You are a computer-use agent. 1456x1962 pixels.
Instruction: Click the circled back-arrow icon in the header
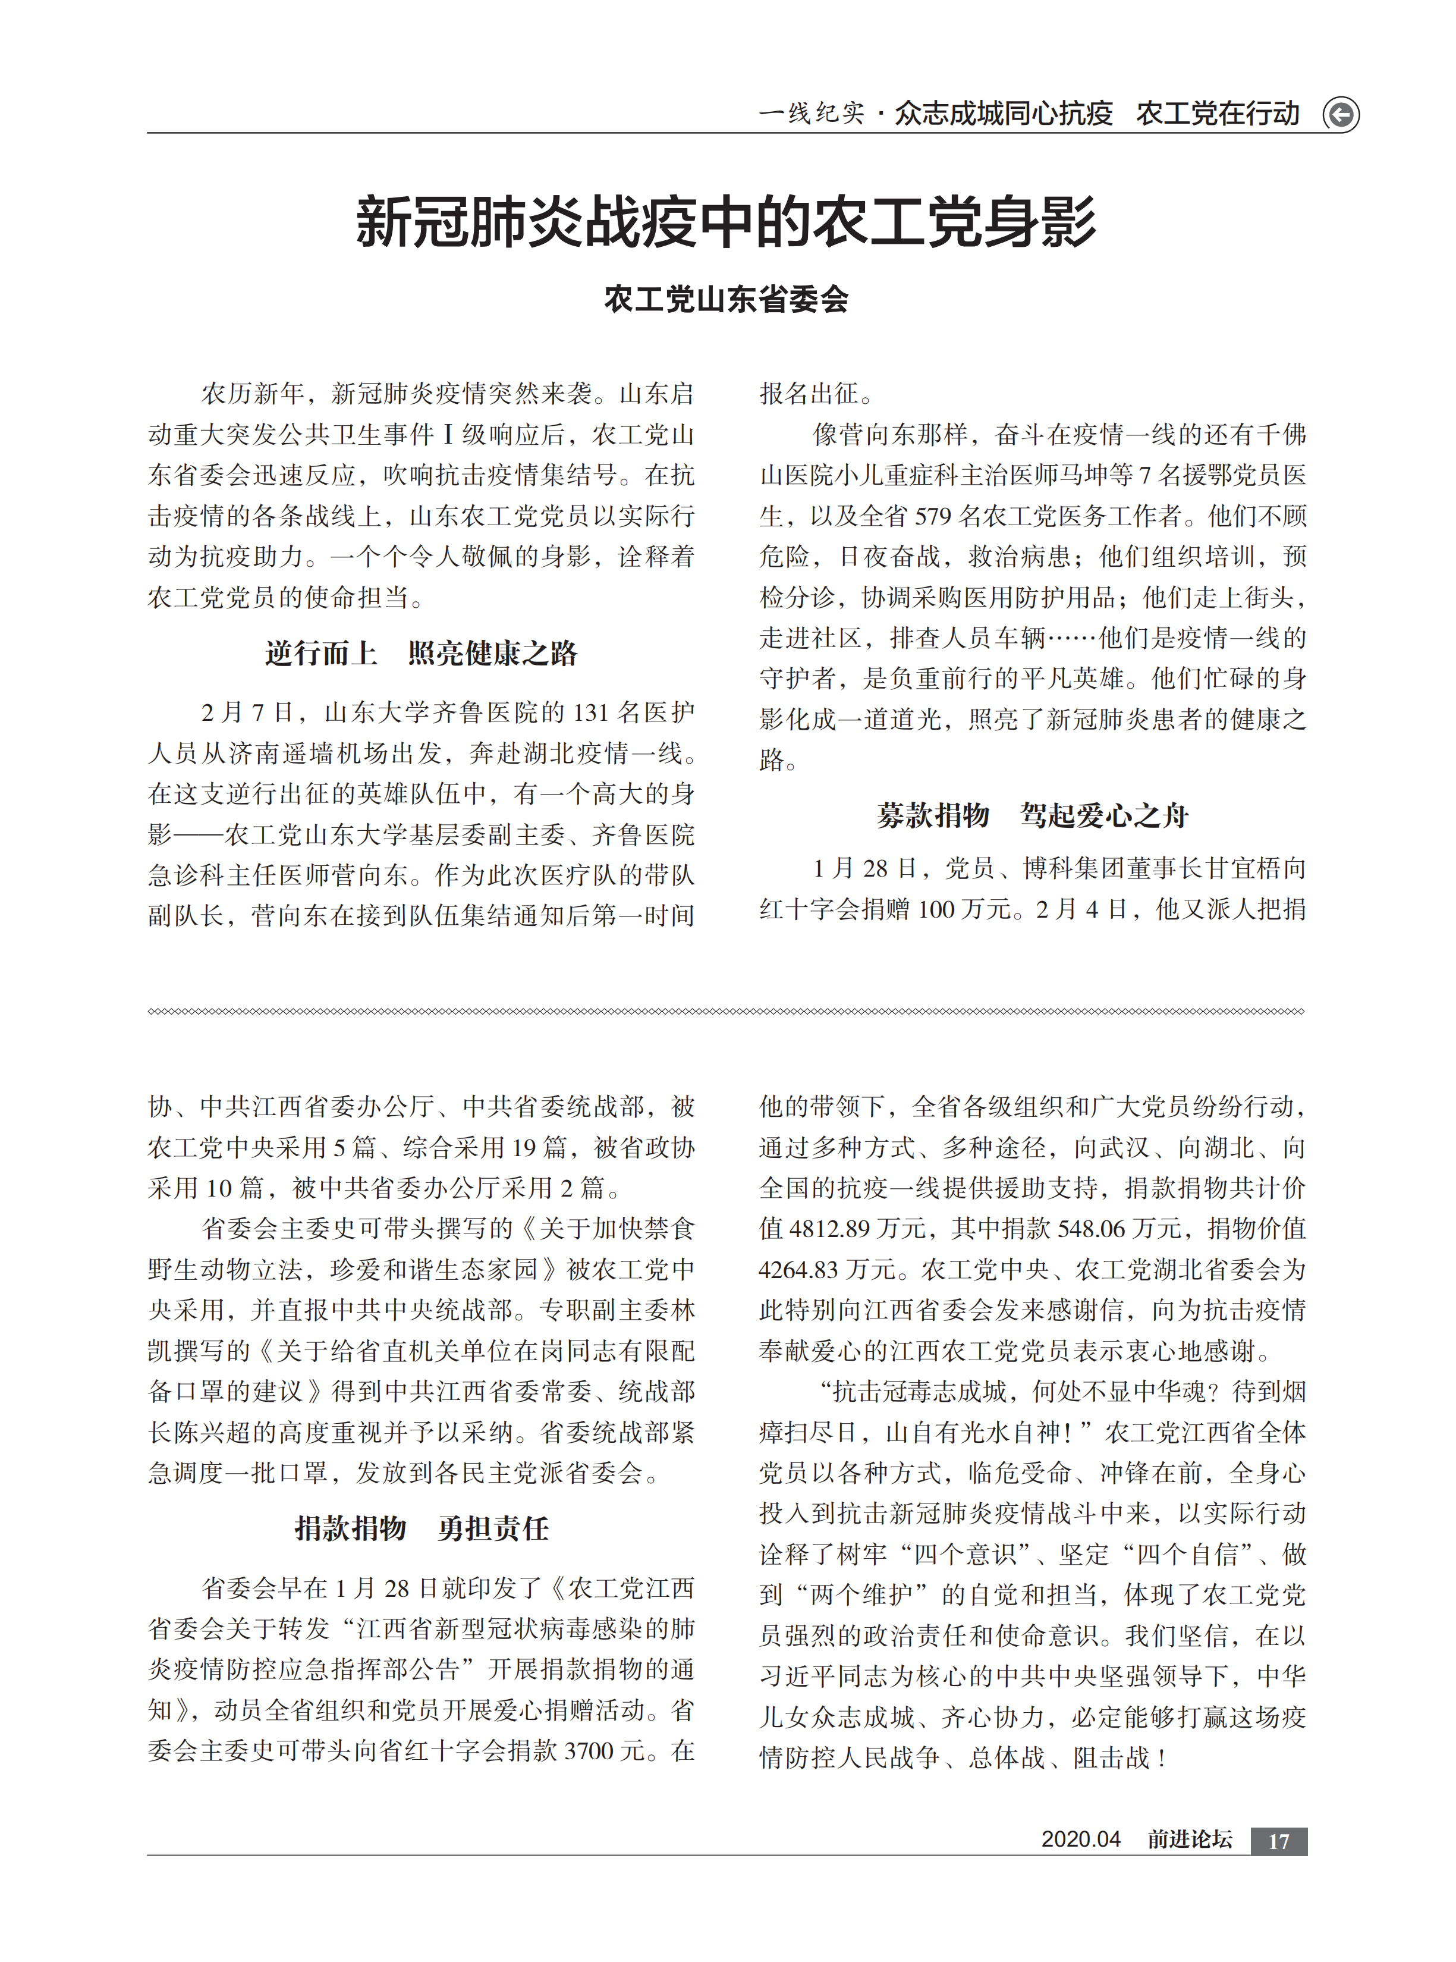point(1341,115)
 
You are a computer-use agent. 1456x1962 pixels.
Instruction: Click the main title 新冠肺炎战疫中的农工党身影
point(727,221)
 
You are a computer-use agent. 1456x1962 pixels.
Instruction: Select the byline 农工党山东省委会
point(727,300)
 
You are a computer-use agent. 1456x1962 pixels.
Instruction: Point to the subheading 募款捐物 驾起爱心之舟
point(1032,815)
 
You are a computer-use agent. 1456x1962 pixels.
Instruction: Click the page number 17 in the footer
point(1278,1841)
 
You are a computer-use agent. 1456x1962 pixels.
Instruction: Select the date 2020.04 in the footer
point(1080,1839)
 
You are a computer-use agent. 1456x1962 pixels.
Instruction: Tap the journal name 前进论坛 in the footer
point(1189,1839)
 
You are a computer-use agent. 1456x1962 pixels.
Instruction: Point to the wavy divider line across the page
point(727,1011)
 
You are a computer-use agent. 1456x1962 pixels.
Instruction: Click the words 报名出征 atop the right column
point(809,394)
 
